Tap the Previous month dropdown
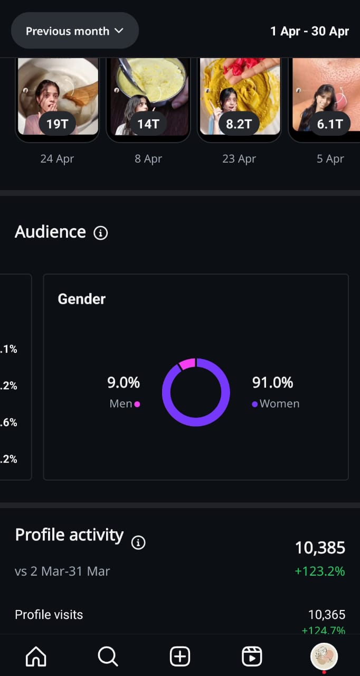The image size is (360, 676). coord(74,31)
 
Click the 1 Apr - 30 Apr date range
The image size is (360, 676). coord(309,31)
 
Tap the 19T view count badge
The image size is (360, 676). coord(58,125)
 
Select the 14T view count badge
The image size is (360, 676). coord(148,125)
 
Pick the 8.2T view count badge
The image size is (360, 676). coord(239,125)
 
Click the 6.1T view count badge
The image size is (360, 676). coord(330,125)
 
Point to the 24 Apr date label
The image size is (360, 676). coord(57,158)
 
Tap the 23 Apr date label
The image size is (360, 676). coord(239,158)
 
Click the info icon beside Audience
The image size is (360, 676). coord(100,233)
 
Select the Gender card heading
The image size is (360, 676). coord(82,299)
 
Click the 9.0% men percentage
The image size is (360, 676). coord(124,382)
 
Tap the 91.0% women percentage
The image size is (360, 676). coord(272,382)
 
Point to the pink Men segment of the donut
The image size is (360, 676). coord(187,363)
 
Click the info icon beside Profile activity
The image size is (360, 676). coord(138,542)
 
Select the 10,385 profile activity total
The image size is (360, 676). coord(320,548)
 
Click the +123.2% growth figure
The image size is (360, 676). coord(320,571)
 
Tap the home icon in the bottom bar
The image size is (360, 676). coord(36,656)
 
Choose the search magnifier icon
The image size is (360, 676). coord(108,656)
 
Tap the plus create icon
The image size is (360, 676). coord(180,656)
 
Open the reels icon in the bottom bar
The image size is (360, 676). coord(252,656)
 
